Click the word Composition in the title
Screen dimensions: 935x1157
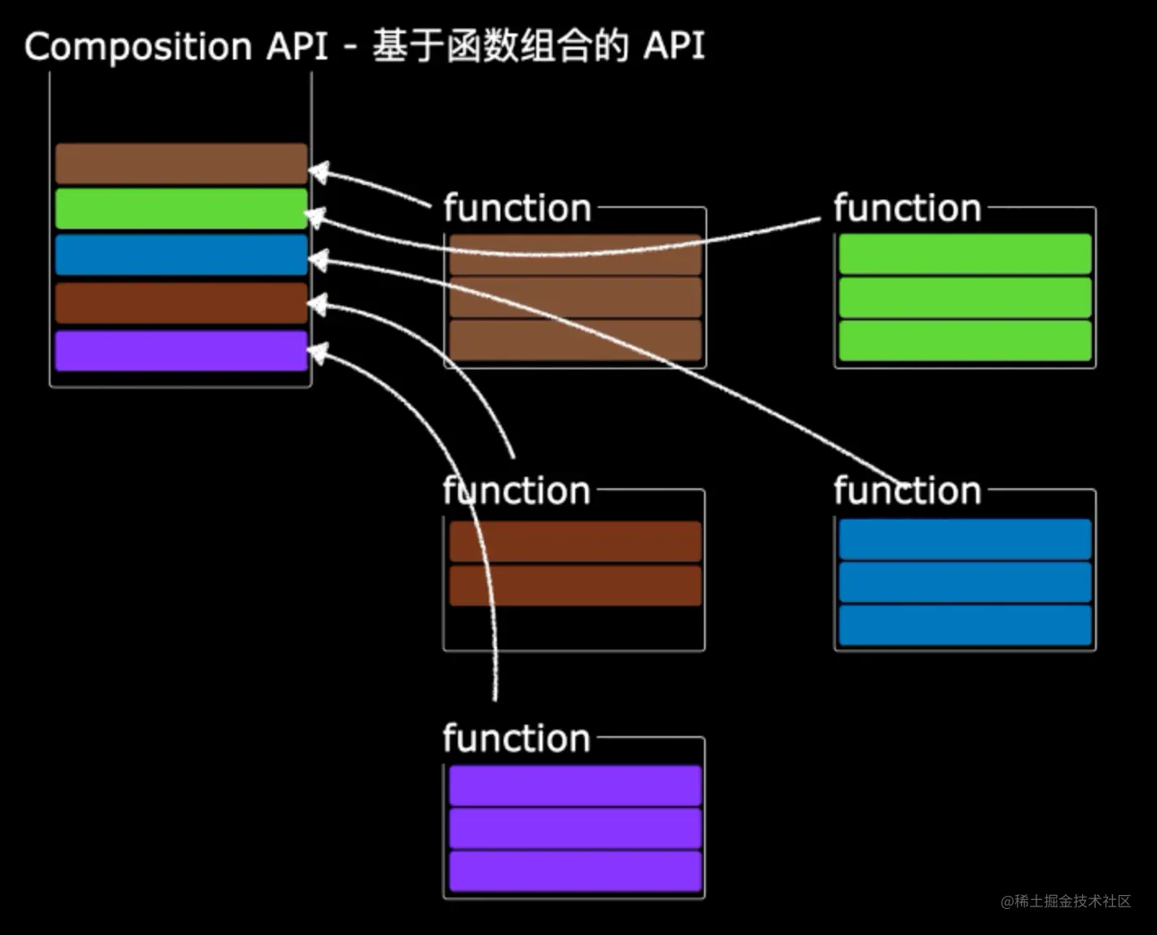pos(138,46)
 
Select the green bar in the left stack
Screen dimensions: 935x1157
pos(181,209)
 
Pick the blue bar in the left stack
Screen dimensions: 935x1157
pos(181,254)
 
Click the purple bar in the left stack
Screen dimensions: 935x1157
pos(181,351)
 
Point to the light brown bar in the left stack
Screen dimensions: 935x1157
pos(181,163)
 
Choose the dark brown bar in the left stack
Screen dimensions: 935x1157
pos(181,303)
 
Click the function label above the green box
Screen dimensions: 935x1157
pos(907,209)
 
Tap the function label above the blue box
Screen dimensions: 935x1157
pos(907,491)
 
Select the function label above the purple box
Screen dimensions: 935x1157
pos(517,739)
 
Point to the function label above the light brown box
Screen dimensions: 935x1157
pos(517,209)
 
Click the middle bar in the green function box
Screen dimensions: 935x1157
pos(965,298)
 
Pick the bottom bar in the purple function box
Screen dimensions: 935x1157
pos(575,871)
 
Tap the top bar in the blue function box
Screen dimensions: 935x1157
pos(965,539)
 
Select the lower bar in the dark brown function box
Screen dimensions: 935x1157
pos(575,585)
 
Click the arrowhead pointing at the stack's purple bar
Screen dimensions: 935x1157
pos(317,353)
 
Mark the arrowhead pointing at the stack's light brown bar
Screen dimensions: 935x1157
pos(318,172)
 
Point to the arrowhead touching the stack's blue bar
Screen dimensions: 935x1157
pos(317,260)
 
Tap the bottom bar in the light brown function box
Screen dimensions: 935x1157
pos(575,340)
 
